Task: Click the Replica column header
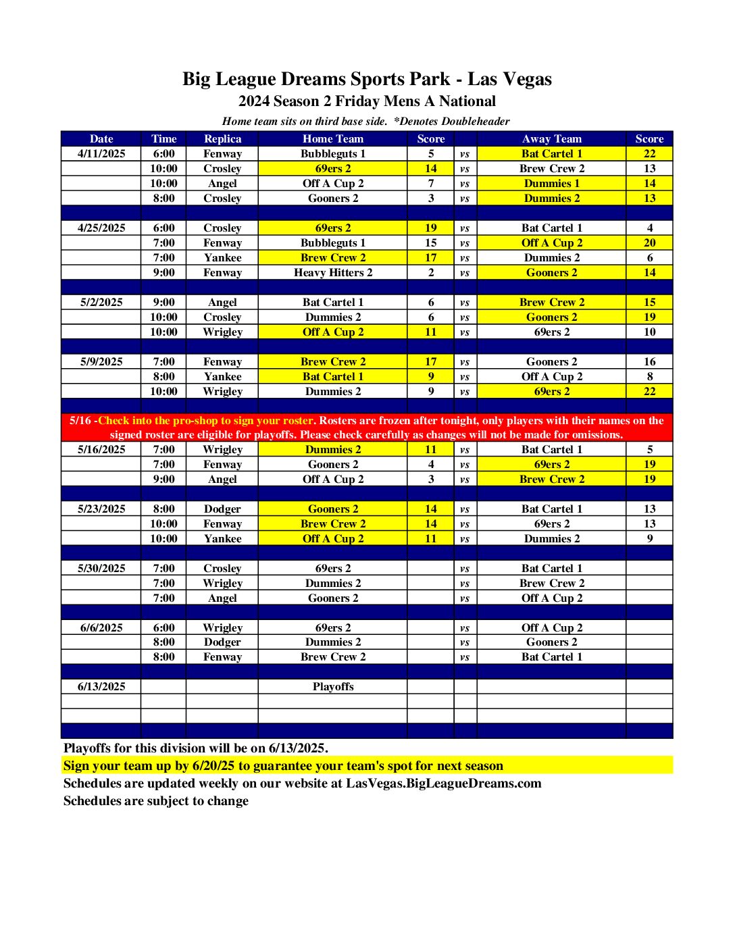click(222, 138)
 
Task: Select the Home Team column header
click(332, 138)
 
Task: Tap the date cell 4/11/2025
click(101, 153)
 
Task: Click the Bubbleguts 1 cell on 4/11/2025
click(332, 153)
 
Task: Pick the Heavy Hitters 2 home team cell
click(332, 272)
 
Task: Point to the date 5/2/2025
click(101, 302)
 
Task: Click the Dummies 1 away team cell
click(551, 183)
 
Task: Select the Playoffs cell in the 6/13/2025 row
click(332, 686)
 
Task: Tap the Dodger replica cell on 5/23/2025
click(222, 509)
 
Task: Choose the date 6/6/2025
click(101, 627)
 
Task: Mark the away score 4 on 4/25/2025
click(649, 228)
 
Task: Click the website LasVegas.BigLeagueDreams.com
click(443, 783)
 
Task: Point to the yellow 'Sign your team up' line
click(283, 765)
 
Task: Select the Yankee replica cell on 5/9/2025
click(222, 376)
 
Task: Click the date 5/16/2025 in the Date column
click(101, 449)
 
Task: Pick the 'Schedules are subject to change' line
click(156, 801)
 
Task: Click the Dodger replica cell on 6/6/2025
click(222, 642)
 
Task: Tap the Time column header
click(163, 138)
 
